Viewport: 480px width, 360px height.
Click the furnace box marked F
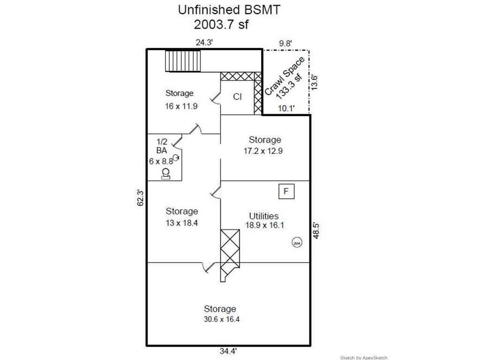click(x=286, y=191)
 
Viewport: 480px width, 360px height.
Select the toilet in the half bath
click(x=165, y=173)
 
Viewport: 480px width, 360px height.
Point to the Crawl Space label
click(x=285, y=76)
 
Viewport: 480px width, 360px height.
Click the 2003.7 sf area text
click(x=221, y=24)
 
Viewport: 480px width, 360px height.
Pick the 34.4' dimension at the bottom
click(x=228, y=351)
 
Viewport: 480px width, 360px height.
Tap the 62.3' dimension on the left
click(x=140, y=198)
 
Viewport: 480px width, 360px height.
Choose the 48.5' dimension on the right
click(x=316, y=231)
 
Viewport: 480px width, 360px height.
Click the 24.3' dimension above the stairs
click(x=204, y=42)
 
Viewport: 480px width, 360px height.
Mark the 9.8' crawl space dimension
click(x=285, y=44)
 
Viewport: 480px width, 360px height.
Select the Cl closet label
click(x=237, y=97)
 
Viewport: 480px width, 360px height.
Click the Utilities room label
click(x=263, y=216)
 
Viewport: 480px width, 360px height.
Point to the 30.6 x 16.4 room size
click(x=222, y=319)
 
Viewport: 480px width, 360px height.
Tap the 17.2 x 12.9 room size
click(x=263, y=151)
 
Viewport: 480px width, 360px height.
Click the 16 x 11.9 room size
click(x=181, y=106)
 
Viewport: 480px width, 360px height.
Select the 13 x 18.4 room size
click(x=182, y=223)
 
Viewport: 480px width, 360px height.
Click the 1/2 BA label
click(x=162, y=146)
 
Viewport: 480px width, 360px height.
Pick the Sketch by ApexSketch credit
click(x=364, y=358)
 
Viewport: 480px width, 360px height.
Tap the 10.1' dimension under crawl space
click(x=286, y=108)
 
